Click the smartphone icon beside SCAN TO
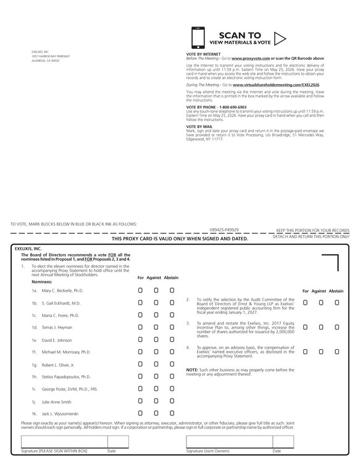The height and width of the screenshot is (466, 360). tap(198, 38)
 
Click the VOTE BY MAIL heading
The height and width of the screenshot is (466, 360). tap(199, 126)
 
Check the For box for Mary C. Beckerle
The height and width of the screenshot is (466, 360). tap(141, 290)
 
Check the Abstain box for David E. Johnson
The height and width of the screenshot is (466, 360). tap(172, 339)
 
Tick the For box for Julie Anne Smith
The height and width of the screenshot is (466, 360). tap(141, 402)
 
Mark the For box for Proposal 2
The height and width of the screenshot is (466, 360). tap(306, 302)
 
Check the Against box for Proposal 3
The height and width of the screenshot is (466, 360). tap(321, 326)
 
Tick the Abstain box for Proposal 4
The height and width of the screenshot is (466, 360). tap(337, 350)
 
